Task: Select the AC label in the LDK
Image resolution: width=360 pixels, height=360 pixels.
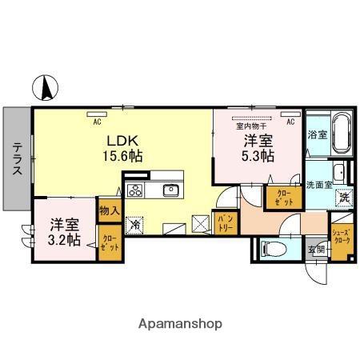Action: tap(97, 122)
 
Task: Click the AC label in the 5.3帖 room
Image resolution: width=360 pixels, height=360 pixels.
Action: tap(290, 122)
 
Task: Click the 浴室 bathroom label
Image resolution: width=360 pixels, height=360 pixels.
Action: tap(316, 135)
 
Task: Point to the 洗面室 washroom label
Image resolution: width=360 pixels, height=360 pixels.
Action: tap(318, 185)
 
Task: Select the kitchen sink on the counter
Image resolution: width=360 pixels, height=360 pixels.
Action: tap(170, 190)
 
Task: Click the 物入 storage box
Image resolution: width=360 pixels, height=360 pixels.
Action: tap(109, 211)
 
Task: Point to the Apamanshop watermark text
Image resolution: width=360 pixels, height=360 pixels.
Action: tap(180, 324)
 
